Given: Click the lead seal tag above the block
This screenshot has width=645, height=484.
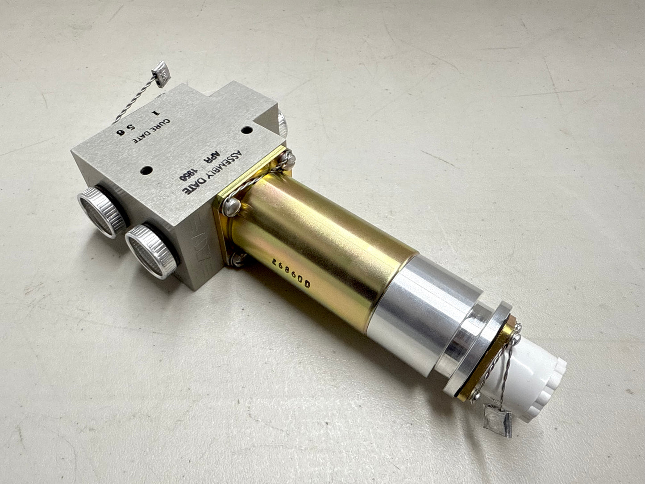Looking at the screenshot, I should tap(161, 73).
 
